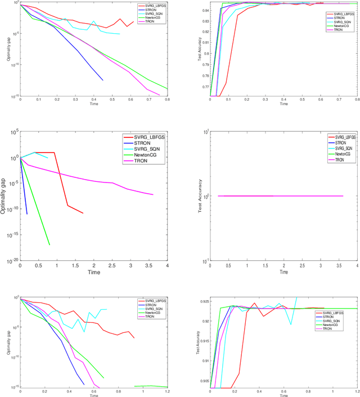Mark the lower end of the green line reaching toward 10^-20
(x=49, y=245)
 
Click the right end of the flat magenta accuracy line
(x=343, y=196)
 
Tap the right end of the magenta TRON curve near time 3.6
(x=153, y=194)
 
